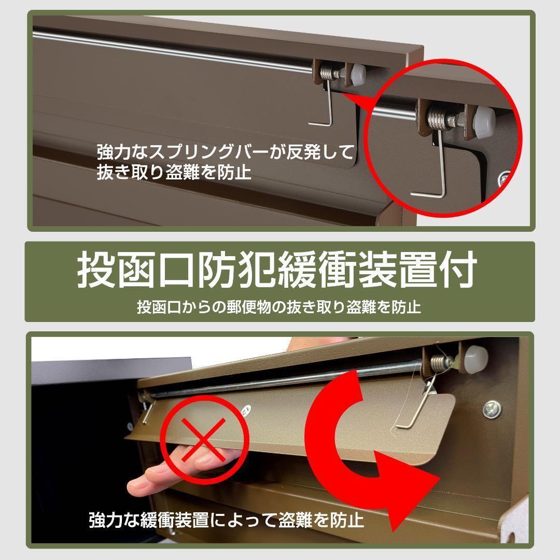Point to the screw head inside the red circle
click(502, 178)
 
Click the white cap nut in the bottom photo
click(477, 359)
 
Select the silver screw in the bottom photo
click(491, 410)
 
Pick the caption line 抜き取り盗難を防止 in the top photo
click(174, 172)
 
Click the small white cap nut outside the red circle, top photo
click(359, 74)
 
